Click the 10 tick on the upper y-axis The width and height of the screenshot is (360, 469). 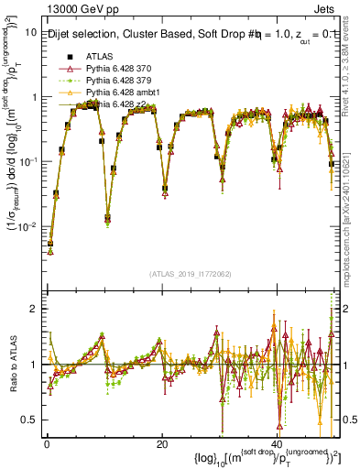tap(31, 32)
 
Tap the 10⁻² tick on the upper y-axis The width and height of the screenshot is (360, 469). tap(28, 225)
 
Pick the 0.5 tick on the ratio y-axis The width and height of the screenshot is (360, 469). tap(30, 420)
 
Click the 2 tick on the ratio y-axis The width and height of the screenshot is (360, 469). tap(35, 309)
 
